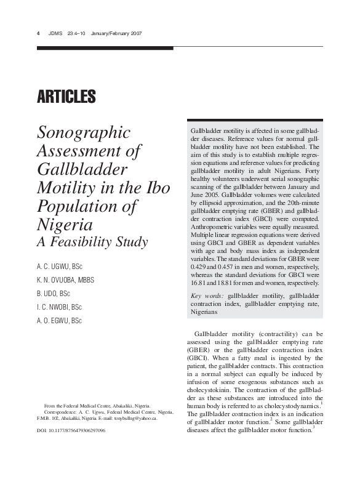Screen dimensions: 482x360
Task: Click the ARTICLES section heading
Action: point(66,97)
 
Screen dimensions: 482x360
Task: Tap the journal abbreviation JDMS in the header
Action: point(55,33)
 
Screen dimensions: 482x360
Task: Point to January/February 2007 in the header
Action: point(116,33)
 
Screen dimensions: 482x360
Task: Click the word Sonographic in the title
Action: point(84,132)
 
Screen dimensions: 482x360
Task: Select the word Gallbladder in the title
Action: point(82,169)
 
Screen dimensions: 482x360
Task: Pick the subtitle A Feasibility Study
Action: point(93,243)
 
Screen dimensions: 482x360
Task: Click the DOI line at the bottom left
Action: point(67,431)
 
